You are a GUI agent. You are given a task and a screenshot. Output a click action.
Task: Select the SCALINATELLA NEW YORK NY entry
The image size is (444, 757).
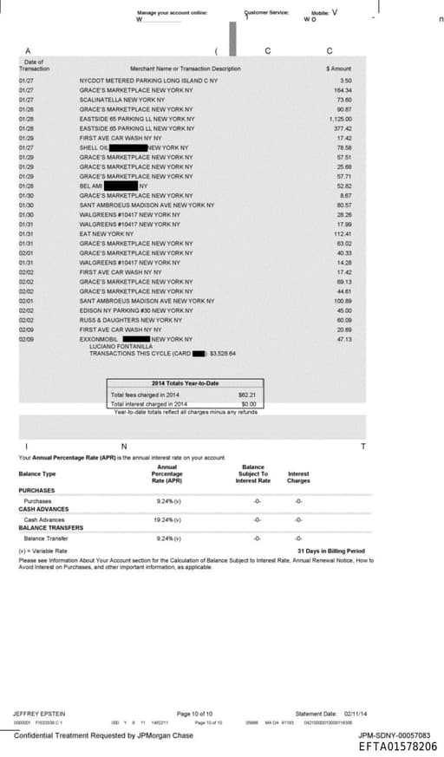114,100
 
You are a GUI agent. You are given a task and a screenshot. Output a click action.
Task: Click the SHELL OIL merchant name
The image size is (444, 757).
94,147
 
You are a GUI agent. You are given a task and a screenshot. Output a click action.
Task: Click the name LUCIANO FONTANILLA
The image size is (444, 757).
116,346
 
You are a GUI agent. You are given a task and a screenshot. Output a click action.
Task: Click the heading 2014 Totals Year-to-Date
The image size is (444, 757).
185,383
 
